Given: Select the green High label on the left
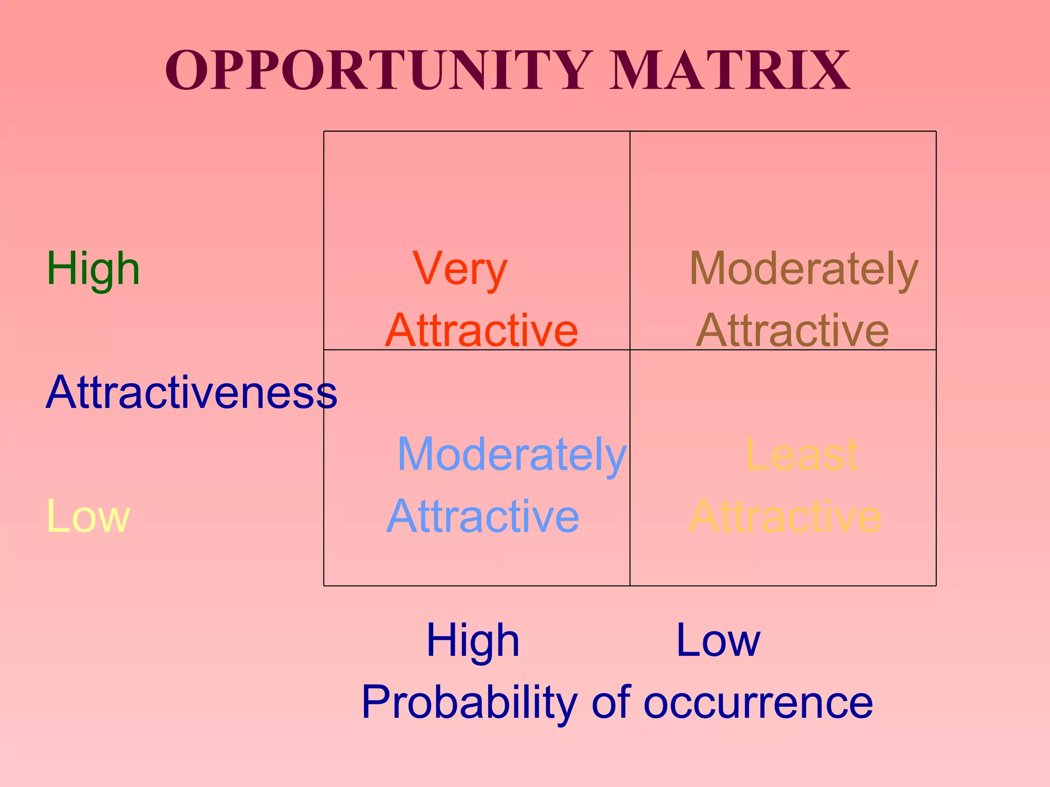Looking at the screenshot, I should (93, 269).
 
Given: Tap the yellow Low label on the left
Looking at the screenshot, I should (88, 516).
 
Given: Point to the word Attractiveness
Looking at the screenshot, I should (191, 392).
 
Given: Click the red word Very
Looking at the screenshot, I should (460, 269).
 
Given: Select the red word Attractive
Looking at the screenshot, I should (481, 330).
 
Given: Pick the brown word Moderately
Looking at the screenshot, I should (803, 269).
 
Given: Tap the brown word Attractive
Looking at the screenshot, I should (793, 330).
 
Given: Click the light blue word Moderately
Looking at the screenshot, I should (512, 454).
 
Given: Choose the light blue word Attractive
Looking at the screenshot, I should (482, 516).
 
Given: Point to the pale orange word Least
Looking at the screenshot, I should (801, 454).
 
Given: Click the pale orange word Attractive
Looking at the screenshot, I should (785, 516).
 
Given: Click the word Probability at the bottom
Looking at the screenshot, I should (470, 703).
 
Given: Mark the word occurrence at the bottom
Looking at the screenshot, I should (758, 703).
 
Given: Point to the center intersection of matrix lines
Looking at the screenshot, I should (630, 350).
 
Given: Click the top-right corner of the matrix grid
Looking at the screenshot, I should (936, 132).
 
